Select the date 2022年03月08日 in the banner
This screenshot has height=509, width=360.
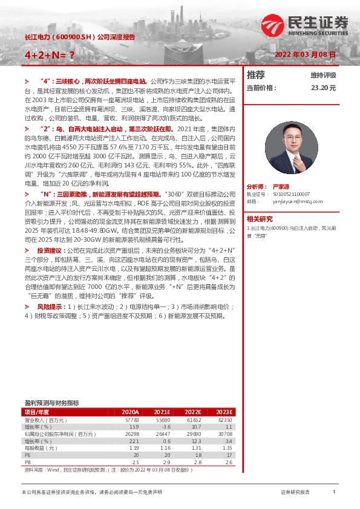coord(305,54)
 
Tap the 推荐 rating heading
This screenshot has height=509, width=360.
coord(256,75)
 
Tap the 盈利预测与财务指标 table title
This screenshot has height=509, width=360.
coord(51,402)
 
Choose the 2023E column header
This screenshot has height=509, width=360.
coord(224,412)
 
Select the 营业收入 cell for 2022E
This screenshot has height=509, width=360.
coord(193,420)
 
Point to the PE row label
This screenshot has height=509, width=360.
coord(27,455)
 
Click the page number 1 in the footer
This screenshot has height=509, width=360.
coord(333,492)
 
